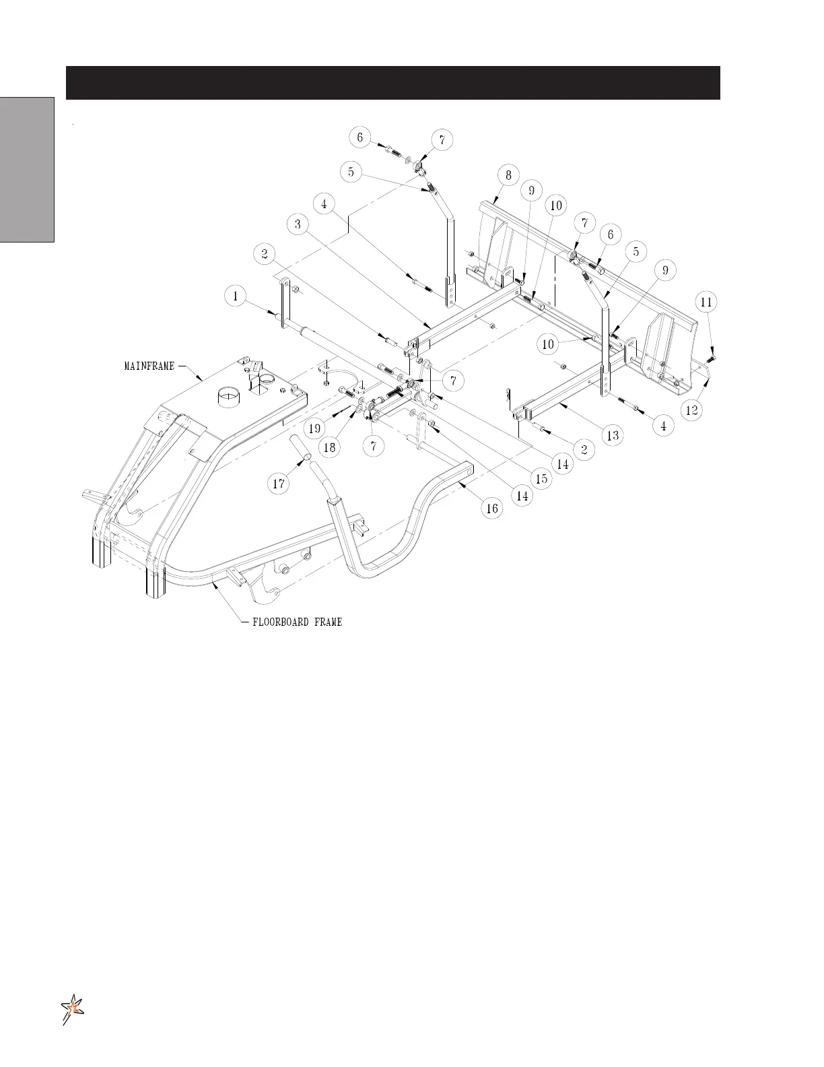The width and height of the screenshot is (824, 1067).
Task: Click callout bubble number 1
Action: click(236, 296)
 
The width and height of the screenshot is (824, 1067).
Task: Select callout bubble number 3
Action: click(298, 225)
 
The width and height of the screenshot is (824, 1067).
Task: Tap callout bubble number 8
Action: click(508, 175)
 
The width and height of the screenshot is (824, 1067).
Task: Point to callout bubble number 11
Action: click(706, 302)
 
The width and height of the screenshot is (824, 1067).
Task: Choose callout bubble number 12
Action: click(692, 409)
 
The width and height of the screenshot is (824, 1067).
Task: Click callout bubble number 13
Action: click(613, 436)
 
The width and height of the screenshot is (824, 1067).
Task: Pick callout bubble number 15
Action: click(541, 479)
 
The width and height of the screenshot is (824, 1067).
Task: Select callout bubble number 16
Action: click(492, 508)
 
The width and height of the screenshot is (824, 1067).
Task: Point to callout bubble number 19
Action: click(314, 427)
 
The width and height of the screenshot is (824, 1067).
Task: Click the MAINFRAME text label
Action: click(149, 366)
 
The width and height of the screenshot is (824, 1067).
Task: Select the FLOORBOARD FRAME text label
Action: click(297, 622)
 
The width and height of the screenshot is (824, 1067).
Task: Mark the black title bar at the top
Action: click(392, 83)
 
